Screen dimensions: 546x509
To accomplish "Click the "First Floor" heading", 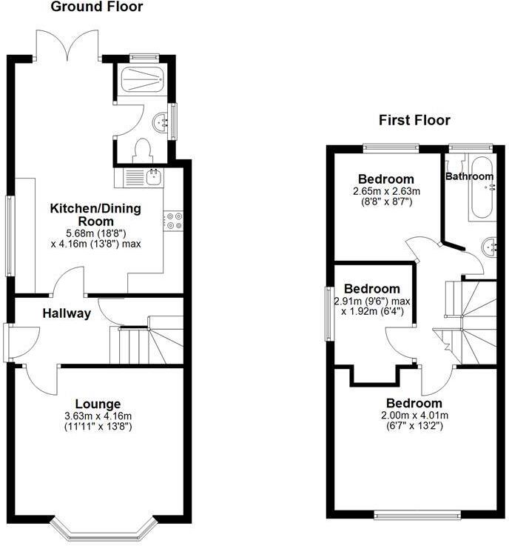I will point(414,120).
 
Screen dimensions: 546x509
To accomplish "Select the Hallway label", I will point(66,313).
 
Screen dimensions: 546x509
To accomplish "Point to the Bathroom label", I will point(469,176).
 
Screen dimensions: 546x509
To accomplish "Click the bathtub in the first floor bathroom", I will point(480,188).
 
